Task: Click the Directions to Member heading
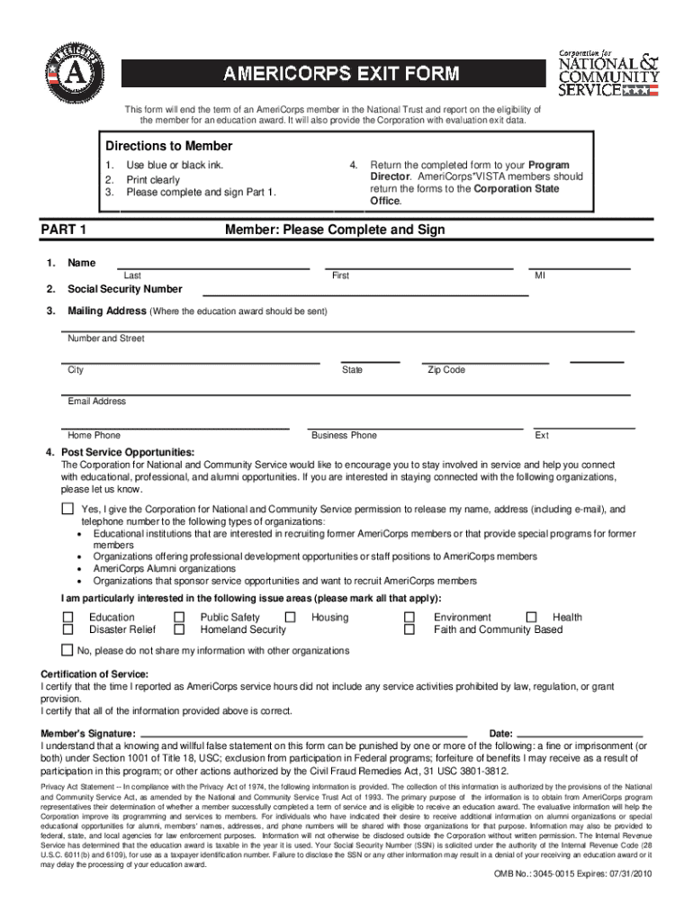tap(169, 146)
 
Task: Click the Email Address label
tap(96, 402)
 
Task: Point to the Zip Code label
tap(446, 370)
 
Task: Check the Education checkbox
tap(67, 617)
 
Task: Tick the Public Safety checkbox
tap(179, 617)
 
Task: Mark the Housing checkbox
tap(290, 617)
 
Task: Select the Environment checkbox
tap(409, 617)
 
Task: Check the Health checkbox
tap(531, 617)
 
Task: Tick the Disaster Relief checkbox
tap(67, 629)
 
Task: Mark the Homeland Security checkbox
tap(179, 629)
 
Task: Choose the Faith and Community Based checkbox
tap(409, 629)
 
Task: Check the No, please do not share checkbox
tap(67, 650)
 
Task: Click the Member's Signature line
tap(306, 734)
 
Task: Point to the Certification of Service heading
tap(95, 674)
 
